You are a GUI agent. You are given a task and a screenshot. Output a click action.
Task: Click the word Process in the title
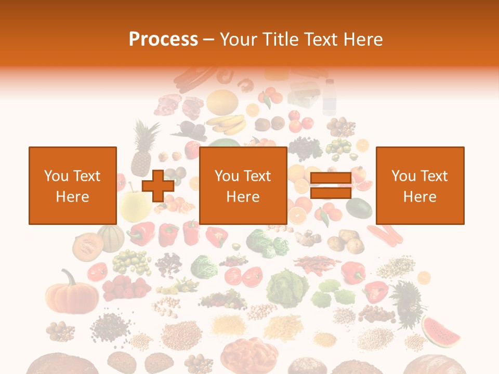[x=163, y=39]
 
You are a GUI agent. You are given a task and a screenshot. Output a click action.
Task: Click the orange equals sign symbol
[x=331, y=186]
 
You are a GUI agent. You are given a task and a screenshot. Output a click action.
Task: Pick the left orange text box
[x=73, y=185]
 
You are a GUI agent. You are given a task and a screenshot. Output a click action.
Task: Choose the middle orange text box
[x=243, y=185]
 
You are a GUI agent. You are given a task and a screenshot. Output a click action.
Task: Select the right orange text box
[x=420, y=185]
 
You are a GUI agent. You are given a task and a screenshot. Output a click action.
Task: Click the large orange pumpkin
[x=72, y=293]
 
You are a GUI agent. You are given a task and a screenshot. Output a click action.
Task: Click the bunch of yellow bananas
[x=227, y=125]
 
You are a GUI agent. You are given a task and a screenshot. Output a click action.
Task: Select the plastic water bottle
[x=329, y=97]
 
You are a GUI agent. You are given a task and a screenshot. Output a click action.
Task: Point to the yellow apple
[x=133, y=205]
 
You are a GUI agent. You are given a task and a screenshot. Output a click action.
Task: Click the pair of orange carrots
[x=385, y=234]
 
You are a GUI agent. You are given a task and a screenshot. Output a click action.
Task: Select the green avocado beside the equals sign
[x=359, y=208]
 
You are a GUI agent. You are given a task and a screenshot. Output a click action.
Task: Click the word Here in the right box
[x=420, y=197]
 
